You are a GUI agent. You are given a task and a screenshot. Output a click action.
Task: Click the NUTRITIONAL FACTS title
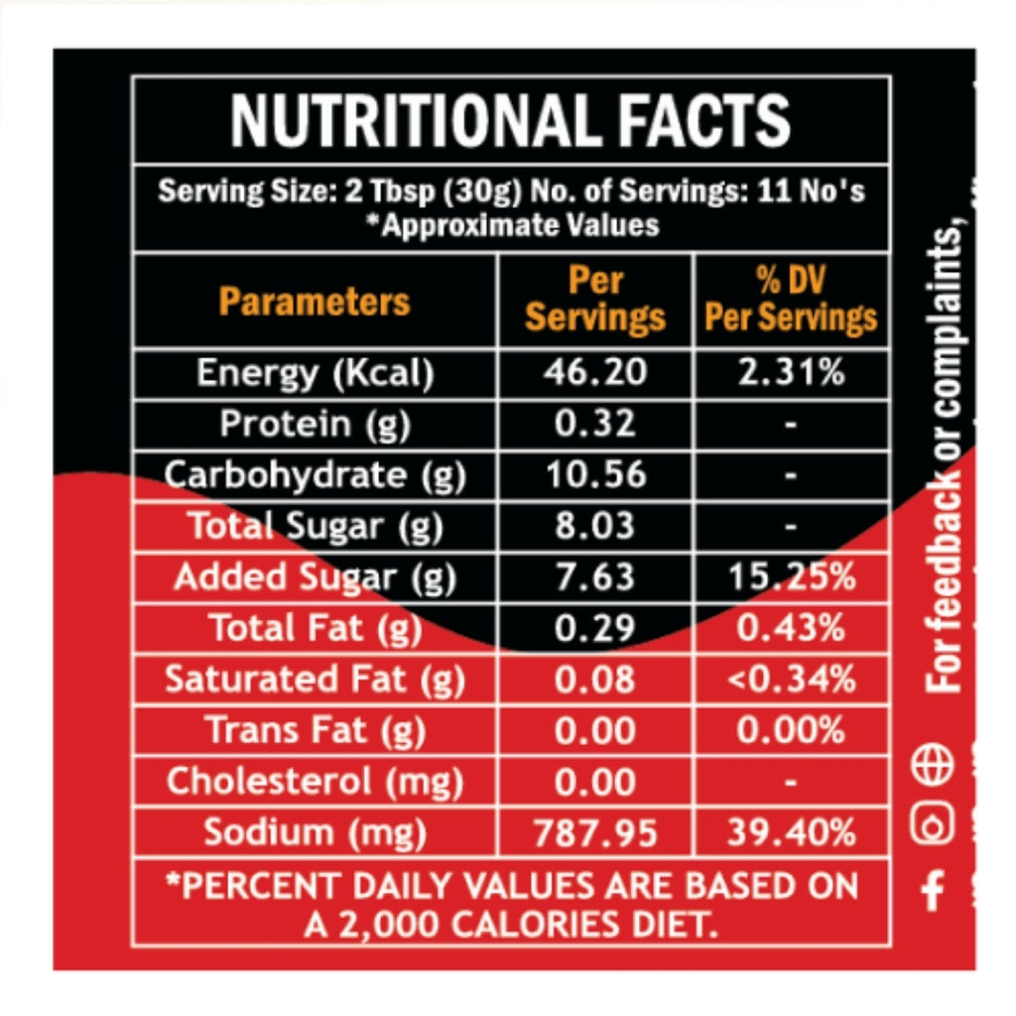pyautogui.click(x=510, y=120)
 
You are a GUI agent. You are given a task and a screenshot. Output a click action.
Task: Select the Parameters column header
pyautogui.click(x=314, y=301)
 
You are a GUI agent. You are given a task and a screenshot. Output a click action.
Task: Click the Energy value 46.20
pyautogui.click(x=595, y=373)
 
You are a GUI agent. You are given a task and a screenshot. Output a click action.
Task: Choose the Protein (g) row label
pyautogui.click(x=314, y=424)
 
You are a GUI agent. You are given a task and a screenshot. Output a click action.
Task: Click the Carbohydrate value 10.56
pyautogui.click(x=595, y=475)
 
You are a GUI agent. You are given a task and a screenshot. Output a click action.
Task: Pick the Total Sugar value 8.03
pyautogui.click(x=595, y=526)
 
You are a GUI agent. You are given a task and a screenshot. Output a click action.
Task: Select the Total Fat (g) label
pyautogui.click(x=314, y=628)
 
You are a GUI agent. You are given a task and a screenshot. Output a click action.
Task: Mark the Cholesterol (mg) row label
pyautogui.click(x=314, y=782)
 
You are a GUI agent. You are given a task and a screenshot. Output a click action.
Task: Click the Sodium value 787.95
pyautogui.click(x=595, y=832)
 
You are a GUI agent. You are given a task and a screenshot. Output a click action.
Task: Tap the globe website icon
pyautogui.click(x=932, y=766)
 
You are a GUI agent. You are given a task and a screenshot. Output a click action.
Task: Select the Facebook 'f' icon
pyautogui.click(x=932, y=890)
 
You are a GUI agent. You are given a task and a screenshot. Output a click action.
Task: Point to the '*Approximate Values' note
pyautogui.click(x=510, y=225)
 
